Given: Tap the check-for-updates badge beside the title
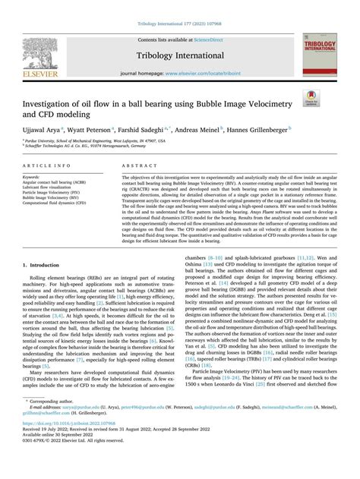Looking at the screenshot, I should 311,98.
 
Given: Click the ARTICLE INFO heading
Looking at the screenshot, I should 53,165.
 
